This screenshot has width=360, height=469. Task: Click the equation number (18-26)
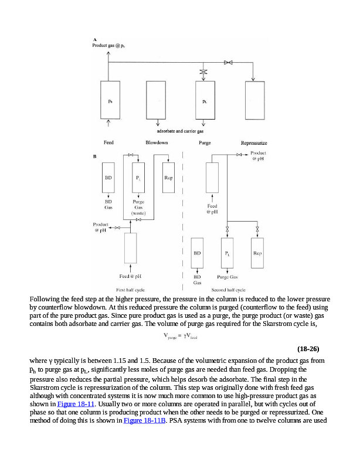(x=308, y=349)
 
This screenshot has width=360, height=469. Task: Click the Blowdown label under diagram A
(x=157, y=142)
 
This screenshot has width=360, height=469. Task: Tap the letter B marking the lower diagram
(x=95, y=157)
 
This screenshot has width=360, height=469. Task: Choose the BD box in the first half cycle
(x=109, y=178)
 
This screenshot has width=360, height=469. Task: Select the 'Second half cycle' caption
(x=228, y=290)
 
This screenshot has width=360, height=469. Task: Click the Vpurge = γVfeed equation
(x=180, y=336)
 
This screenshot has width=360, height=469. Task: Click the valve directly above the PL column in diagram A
(x=204, y=72)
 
